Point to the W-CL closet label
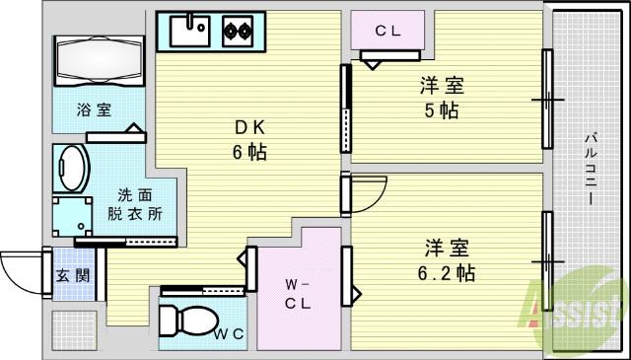(298, 295)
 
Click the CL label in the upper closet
(386, 31)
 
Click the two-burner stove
(238, 31)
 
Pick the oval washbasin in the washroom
(72, 168)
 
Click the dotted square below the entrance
(74, 329)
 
